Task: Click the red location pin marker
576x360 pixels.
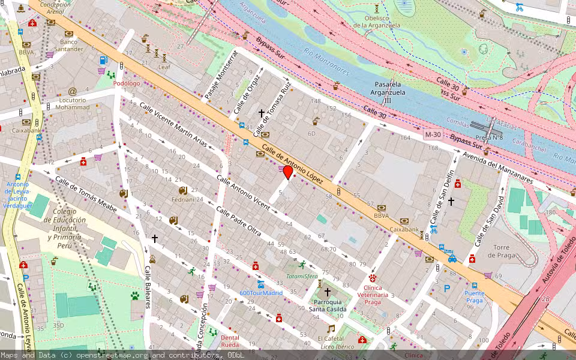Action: tap(287, 173)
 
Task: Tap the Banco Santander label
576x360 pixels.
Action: tap(68, 46)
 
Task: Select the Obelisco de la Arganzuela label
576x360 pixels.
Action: tap(376, 22)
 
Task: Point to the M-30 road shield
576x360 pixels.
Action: tap(433, 134)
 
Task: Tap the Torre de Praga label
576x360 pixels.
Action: tap(502, 251)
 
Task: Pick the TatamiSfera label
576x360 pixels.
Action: tap(301, 277)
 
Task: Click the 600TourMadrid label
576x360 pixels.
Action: tap(260, 293)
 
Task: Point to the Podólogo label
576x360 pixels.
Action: tap(127, 84)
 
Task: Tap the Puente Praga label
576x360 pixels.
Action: tap(474, 296)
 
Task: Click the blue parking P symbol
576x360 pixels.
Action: tap(446, 289)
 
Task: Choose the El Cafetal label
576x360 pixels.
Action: tap(330, 338)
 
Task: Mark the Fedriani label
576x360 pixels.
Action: tap(184, 199)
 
